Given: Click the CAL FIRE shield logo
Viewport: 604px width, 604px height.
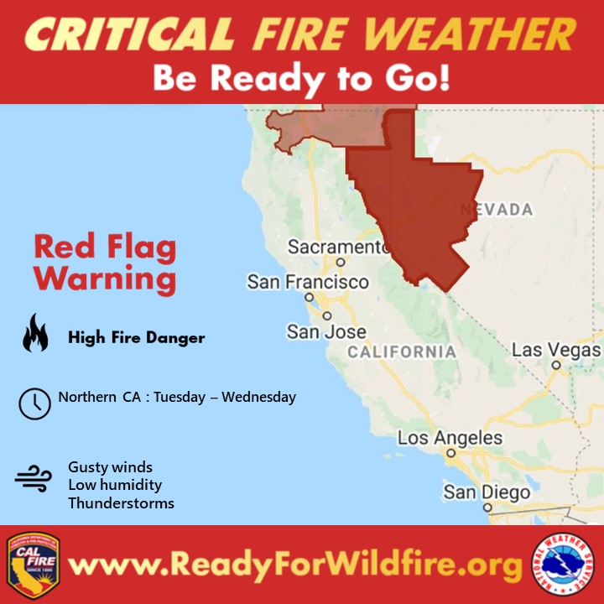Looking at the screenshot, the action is coord(33,565).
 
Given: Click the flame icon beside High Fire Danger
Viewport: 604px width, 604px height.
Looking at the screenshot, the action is coord(35,332).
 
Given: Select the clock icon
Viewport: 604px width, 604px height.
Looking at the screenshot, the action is coord(34,404).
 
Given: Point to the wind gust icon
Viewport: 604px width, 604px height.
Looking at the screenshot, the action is coord(33,478).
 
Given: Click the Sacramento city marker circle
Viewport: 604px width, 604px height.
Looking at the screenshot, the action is coord(341,263).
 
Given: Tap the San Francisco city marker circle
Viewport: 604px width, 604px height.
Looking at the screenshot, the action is coord(309,297).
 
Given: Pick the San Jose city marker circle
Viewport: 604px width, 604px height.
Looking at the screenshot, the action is coord(327,316).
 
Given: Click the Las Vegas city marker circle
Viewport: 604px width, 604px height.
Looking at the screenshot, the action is coord(556,365).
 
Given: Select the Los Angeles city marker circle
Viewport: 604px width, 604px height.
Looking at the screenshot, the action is coord(451,453).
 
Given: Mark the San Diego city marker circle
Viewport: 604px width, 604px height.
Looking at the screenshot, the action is coord(487,508).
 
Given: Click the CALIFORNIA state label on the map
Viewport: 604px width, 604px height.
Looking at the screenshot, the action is coord(402,352).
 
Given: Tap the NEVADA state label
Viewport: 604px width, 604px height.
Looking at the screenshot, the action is coord(497,210).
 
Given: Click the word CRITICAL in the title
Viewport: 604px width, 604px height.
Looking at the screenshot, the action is coord(129,34).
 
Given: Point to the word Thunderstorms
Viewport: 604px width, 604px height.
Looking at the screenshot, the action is coord(121,503).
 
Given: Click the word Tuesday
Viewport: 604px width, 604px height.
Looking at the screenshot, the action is coord(180,397).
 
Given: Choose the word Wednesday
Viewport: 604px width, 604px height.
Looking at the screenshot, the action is coord(259,397).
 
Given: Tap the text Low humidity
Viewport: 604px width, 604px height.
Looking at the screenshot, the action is coord(115,485).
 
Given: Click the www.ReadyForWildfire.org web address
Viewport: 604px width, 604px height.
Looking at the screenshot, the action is coord(295,565).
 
